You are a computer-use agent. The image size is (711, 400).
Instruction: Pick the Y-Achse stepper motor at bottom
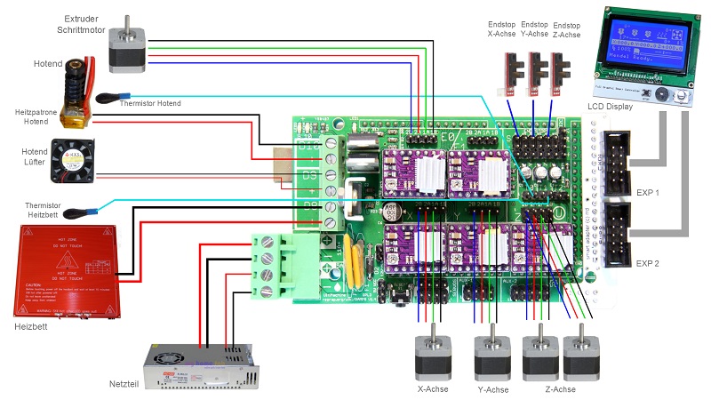(x=491, y=355)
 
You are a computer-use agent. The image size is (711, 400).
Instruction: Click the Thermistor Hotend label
(x=149, y=104)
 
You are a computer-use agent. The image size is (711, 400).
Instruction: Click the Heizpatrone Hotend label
(x=32, y=118)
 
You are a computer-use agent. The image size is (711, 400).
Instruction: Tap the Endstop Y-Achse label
(x=534, y=29)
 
